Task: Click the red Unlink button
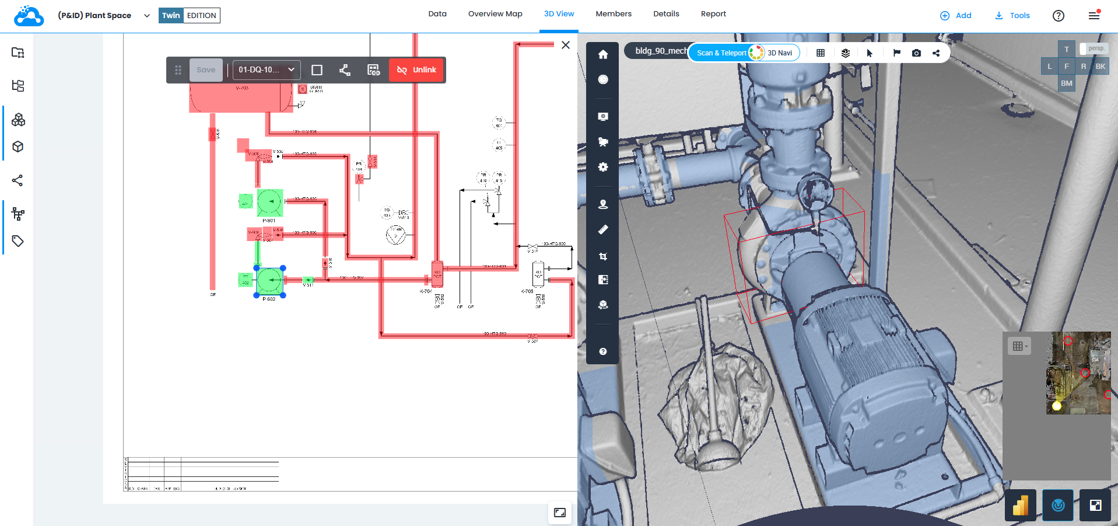pos(416,70)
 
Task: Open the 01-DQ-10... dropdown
pos(267,70)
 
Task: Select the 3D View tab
pos(559,14)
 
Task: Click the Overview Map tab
pos(495,14)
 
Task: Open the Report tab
pos(713,14)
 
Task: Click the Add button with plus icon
pos(955,16)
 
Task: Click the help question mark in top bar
pos(1058,16)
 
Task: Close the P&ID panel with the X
pos(565,45)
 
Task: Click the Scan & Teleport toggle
pos(721,53)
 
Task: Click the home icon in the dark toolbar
pos(602,55)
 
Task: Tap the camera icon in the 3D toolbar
pos(916,53)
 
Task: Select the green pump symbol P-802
pos(269,281)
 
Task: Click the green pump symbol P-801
pos(269,202)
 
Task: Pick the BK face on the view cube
pos(1100,67)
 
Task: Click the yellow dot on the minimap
pos(1056,406)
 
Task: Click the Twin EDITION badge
pos(189,16)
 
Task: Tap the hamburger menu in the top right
pos(1094,16)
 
